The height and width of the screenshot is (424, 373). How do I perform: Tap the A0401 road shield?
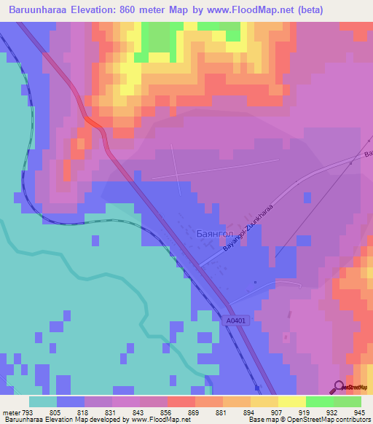pos(235,320)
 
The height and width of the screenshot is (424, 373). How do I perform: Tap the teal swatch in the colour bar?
pos(43,402)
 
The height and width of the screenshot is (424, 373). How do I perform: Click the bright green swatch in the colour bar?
pos(319,402)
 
